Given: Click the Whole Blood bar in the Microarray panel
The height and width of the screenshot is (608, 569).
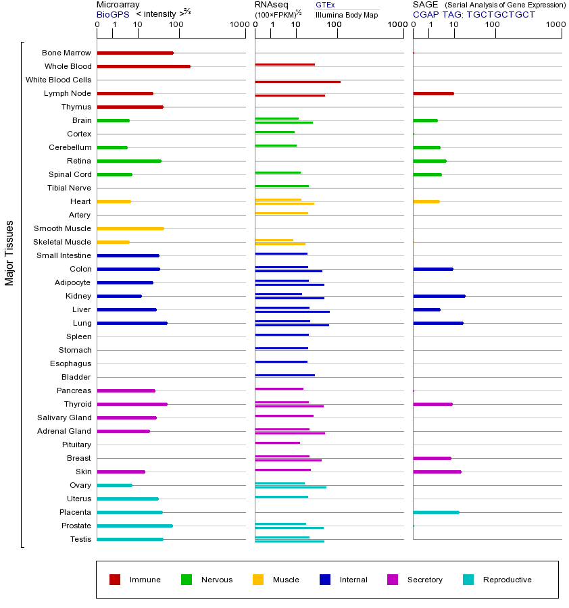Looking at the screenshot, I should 143,66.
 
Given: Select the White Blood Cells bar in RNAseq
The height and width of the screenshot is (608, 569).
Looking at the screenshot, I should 297,82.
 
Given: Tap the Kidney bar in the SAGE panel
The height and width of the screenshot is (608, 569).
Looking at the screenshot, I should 439,296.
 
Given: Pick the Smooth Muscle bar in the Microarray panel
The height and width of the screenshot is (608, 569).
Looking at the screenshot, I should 130,228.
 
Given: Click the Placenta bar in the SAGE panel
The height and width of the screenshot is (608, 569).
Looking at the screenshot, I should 436,512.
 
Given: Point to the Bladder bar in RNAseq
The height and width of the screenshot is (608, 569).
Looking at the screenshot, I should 284,375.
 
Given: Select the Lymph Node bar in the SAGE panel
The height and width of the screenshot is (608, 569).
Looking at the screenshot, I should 433,93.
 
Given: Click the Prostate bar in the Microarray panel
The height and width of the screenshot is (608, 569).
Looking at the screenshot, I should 134,526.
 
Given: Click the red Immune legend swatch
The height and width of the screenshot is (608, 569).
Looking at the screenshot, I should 115,580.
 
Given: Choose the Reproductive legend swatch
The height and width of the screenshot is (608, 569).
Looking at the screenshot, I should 468,580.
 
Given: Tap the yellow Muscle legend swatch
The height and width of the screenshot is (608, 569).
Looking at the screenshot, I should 258,580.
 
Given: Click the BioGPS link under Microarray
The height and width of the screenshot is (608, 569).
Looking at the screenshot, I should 112,14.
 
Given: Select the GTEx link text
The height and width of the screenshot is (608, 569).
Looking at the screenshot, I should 325,5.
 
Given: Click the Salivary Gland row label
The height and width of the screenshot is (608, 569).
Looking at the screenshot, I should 64,417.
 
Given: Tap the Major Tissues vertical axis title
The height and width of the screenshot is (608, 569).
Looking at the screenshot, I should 9,253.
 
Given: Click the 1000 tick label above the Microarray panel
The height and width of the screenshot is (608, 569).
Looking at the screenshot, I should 239,25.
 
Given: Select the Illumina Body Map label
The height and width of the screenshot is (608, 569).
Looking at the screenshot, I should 347,14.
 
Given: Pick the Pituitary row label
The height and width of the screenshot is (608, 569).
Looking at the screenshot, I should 76,445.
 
